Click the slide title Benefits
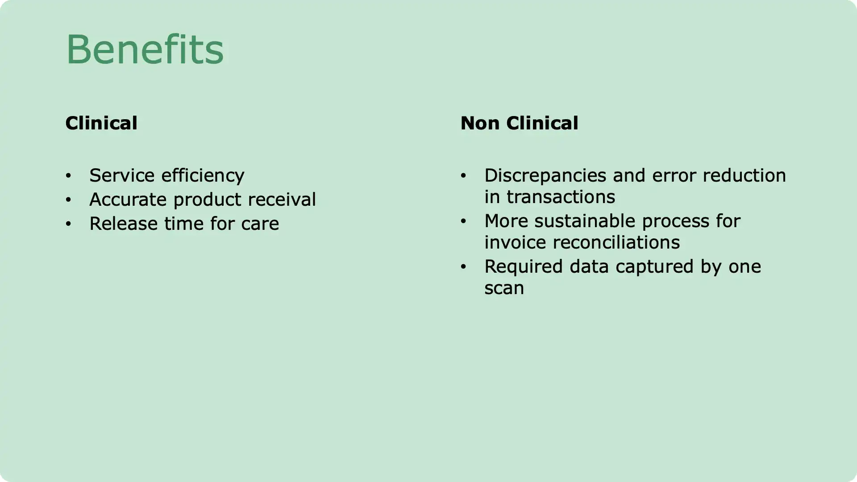(x=145, y=49)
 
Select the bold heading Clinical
(x=101, y=123)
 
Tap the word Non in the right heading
(x=480, y=123)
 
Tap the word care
(x=260, y=224)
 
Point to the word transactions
(x=561, y=197)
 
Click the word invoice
(x=516, y=243)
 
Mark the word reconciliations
(x=616, y=243)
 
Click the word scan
(x=504, y=288)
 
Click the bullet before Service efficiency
(x=68, y=176)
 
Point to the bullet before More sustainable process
(x=463, y=221)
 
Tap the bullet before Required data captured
(x=463, y=267)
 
